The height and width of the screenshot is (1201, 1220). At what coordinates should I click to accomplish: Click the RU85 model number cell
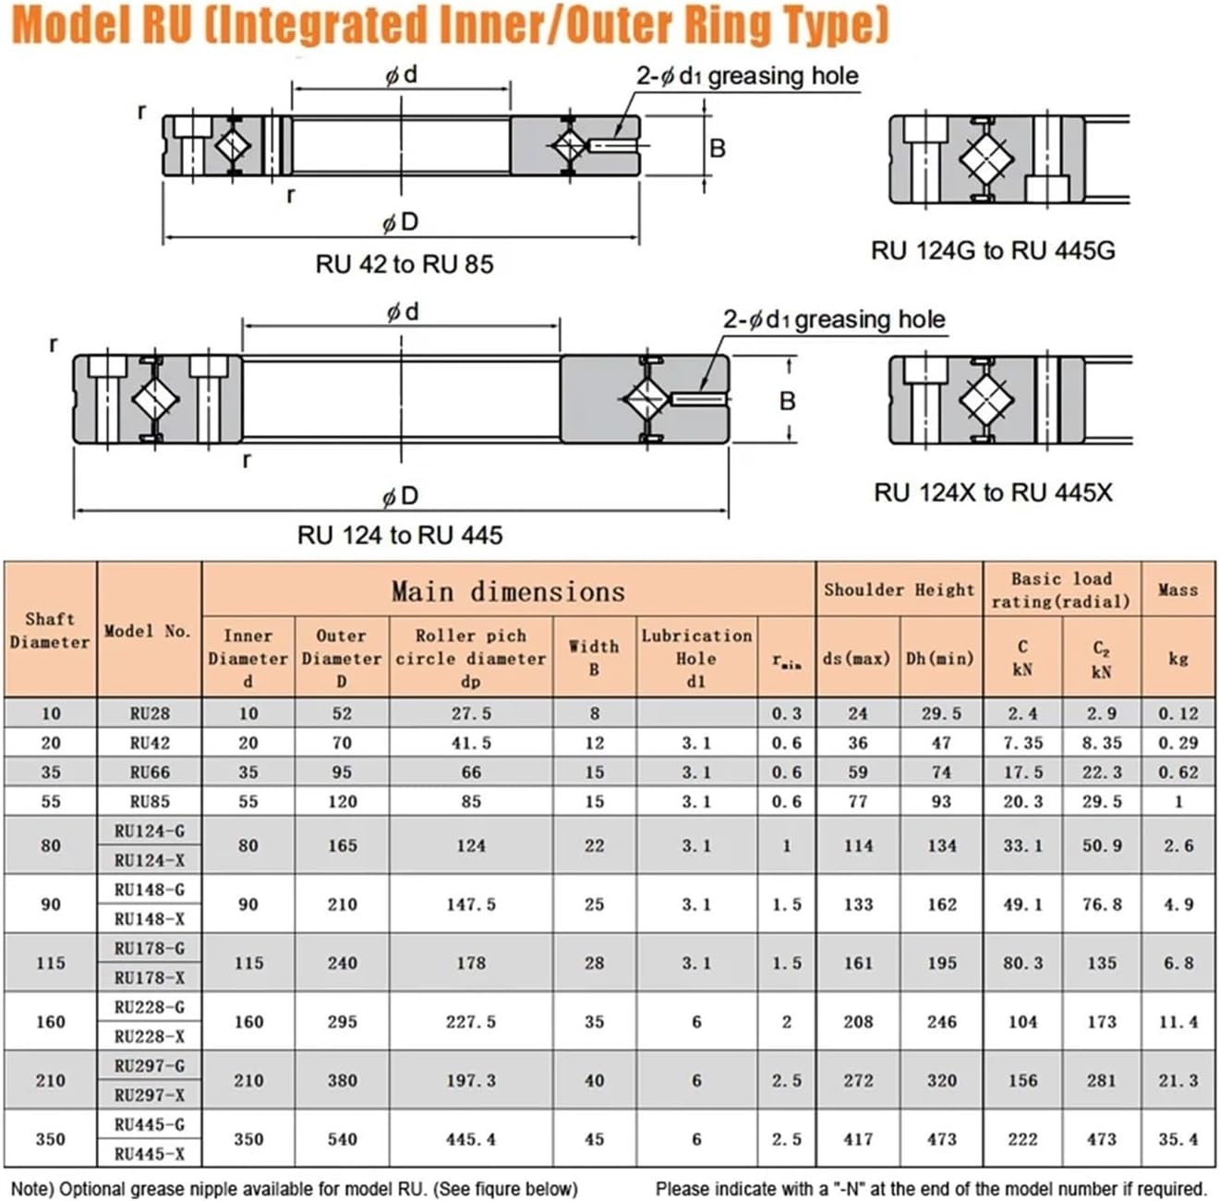click(150, 802)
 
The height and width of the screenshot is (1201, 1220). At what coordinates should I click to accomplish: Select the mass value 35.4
click(1178, 1139)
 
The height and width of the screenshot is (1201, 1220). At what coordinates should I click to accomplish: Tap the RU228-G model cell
click(150, 1007)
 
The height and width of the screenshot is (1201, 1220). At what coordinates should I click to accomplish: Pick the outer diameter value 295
click(342, 1022)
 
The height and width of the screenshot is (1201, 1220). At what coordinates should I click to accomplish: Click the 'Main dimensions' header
click(508, 591)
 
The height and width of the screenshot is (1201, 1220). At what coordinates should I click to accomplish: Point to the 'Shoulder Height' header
click(899, 589)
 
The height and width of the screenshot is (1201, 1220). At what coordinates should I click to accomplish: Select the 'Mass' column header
click(1178, 589)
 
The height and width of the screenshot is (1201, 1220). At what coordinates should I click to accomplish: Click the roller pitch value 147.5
click(471, 904)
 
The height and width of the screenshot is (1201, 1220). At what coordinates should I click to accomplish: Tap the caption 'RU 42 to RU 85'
click(405, 264)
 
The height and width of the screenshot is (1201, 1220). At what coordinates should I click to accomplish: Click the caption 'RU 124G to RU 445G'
click(993, 250)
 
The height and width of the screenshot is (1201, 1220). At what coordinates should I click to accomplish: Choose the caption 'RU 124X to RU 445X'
click(993, 492)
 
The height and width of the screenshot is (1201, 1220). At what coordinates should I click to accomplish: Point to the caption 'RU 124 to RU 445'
click(400, 535)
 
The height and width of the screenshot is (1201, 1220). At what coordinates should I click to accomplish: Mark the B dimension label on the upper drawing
click(718, 148)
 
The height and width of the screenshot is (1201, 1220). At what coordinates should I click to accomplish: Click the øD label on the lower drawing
click(400, 497)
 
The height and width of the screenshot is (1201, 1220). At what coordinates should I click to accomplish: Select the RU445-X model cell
click(150, 1154)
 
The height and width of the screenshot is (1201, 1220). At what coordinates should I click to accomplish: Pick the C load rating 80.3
click(1022, 963)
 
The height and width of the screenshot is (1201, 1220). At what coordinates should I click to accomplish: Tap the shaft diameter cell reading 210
click(51, 1080)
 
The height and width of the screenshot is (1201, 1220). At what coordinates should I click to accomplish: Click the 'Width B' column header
click(594, 657)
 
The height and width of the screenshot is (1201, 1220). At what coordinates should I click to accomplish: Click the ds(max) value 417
click(858, 1139)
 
